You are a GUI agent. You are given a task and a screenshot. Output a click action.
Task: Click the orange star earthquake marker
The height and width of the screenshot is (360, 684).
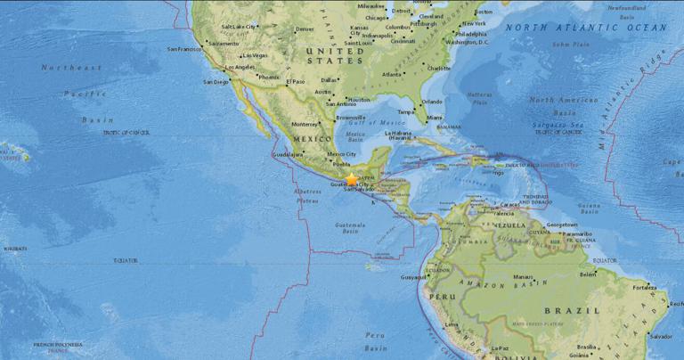coord(352,179)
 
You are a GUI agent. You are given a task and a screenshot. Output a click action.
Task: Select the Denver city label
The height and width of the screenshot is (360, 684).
coord(304,29)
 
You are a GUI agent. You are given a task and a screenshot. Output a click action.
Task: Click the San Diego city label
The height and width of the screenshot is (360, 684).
coord(216,81)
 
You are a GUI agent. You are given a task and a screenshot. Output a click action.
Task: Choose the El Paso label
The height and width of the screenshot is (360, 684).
coord(296,81)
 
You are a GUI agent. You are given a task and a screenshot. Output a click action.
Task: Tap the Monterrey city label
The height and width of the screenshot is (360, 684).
coord(304,124)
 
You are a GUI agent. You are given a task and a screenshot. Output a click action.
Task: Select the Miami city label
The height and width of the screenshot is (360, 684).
coord(434,117)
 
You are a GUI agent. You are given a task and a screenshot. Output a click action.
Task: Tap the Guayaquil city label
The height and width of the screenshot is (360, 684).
coord(414,276)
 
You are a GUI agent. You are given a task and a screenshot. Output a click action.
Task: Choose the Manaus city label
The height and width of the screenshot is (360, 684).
coord(523,276)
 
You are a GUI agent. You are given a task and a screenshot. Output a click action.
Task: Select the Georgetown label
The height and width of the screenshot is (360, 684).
coord(563,225)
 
